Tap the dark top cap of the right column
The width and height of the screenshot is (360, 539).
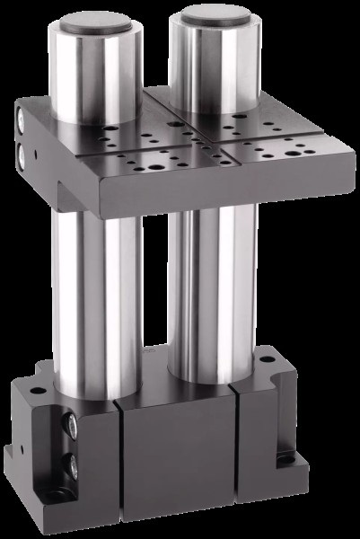point(213,15)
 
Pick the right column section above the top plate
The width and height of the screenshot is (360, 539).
point(213,63)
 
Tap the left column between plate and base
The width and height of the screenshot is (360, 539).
point(94,296)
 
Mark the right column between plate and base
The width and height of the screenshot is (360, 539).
point(211,287)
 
